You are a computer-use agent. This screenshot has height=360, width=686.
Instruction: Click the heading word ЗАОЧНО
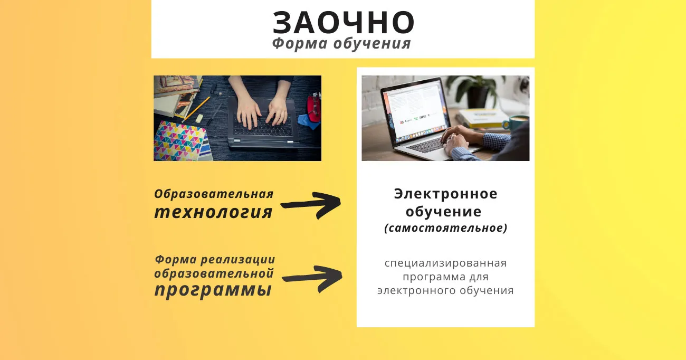coord(344,23)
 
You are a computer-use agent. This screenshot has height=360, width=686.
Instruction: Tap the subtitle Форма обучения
coord(341,43)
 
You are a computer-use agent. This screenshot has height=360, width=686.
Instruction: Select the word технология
coord(213,212)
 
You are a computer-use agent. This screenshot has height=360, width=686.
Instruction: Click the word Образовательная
coord(214,194)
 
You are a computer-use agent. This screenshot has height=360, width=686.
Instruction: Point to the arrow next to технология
coord(310,205)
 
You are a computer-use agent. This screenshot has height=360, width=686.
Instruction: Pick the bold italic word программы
coord(213,290)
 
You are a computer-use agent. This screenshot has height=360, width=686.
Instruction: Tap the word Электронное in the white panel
coord(445,194)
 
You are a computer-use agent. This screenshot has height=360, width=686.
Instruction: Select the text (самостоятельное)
coord(445,228)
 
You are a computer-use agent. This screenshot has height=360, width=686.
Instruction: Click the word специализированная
coord(445,263)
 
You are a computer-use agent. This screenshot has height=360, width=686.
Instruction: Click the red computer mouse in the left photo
coord(314,107)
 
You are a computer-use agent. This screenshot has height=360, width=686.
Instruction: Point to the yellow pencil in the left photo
coord(196,109)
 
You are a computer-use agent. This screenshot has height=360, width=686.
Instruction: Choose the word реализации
coord(237,260)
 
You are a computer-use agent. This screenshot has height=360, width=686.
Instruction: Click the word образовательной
coord(214,273)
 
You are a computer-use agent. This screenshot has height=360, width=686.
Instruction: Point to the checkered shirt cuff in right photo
coord(496,140)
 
